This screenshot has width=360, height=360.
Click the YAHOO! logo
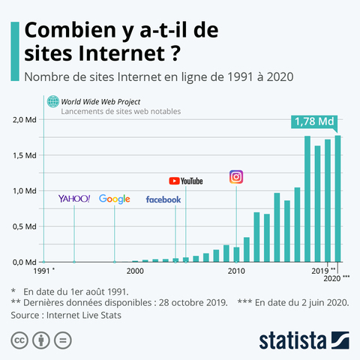(x=74, y=199)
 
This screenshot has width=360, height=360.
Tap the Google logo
(x=114, y=199)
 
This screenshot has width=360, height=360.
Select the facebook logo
(x=163, y=199)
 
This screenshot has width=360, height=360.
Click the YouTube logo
(x=186, y=181)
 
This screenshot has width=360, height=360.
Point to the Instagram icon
(x=236, y=177)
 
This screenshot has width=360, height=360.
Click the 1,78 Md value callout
(x=314, y=121)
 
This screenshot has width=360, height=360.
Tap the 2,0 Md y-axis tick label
(x=25, y=120)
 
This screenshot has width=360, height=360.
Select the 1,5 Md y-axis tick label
(x=25, y=155)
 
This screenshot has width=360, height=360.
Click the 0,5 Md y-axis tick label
(x=25, y=226)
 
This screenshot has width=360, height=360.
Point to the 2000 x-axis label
(x=135, y=270)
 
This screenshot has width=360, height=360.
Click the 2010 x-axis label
(x=236, y=270)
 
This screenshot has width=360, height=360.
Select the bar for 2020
(x=337, y=199)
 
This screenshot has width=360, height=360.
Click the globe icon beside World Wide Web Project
(x=52, y=102)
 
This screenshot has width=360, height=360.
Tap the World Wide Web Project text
(x=100, y=101)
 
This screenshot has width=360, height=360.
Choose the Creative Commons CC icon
(x=19, y=340)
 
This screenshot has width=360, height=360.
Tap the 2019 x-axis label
(x=319, y=270)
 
